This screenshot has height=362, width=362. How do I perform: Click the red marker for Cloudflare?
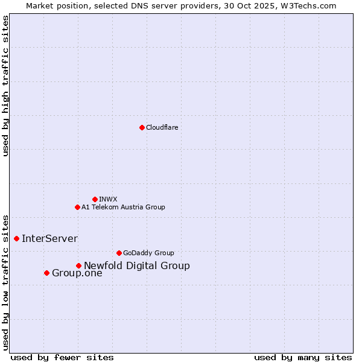tap(142, 127)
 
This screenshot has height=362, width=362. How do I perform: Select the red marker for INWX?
tap(95, 199)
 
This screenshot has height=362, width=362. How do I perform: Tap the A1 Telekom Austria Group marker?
tap(77, 207)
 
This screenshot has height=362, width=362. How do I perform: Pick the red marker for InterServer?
tap(16, 238)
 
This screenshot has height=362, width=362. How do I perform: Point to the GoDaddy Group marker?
tap(119, 253)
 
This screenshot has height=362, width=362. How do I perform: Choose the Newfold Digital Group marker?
tap(78, 265)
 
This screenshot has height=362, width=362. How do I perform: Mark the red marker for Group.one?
tap(46, 273)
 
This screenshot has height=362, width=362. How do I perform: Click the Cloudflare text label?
tap(162, 127)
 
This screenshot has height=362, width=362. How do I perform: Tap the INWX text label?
tap(108, 199)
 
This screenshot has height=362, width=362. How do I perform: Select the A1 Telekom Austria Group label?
tap(123, 207)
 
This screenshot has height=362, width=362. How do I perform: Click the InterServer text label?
tap(49, 238)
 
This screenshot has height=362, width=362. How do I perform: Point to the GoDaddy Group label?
tap(148, 253)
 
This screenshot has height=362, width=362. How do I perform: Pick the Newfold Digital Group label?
tap(137, 265)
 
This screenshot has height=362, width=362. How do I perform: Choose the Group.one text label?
tap(77, 273)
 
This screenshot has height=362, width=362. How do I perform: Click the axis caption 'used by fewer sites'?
tap(62, 357)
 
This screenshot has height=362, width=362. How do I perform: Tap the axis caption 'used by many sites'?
tap(303, 357)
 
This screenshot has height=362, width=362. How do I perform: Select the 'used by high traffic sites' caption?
tap(5, 86)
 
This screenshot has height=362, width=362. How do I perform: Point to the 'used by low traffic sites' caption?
tap(5, 282)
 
